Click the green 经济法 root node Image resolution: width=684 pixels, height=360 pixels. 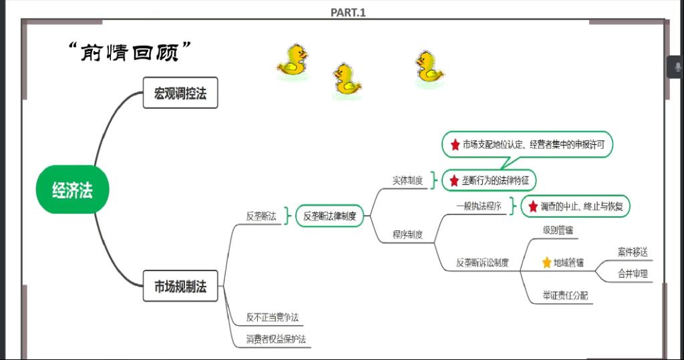point(72,191)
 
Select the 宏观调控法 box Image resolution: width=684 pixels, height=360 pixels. point(180,93)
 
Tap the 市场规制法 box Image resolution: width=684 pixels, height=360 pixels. point(180,287)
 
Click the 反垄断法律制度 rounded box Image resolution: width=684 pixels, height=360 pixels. point(329,216)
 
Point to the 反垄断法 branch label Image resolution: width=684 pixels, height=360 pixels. point(261,216)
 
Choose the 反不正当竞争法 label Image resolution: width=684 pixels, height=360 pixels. point(273,317)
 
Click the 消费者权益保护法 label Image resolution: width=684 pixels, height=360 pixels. point(276,339)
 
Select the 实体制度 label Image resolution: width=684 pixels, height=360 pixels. point(407,180)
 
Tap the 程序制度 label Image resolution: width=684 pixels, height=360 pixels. point(407,234)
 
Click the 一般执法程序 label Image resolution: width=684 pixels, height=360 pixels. point(479,206)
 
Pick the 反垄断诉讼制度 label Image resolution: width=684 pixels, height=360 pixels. point(483,262)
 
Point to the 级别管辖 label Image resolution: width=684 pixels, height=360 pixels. point(558,230)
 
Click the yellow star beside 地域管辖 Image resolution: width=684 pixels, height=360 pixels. point(546,262)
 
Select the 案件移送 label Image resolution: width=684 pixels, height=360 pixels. point(632,252)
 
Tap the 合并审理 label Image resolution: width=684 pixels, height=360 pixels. point(632,273)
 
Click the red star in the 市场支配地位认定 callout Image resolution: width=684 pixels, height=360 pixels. point(456,144)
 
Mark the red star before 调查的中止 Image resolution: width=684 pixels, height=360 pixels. point(532,206)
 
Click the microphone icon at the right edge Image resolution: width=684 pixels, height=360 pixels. point(677,67)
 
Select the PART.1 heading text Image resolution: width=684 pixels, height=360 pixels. point(348,12)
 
